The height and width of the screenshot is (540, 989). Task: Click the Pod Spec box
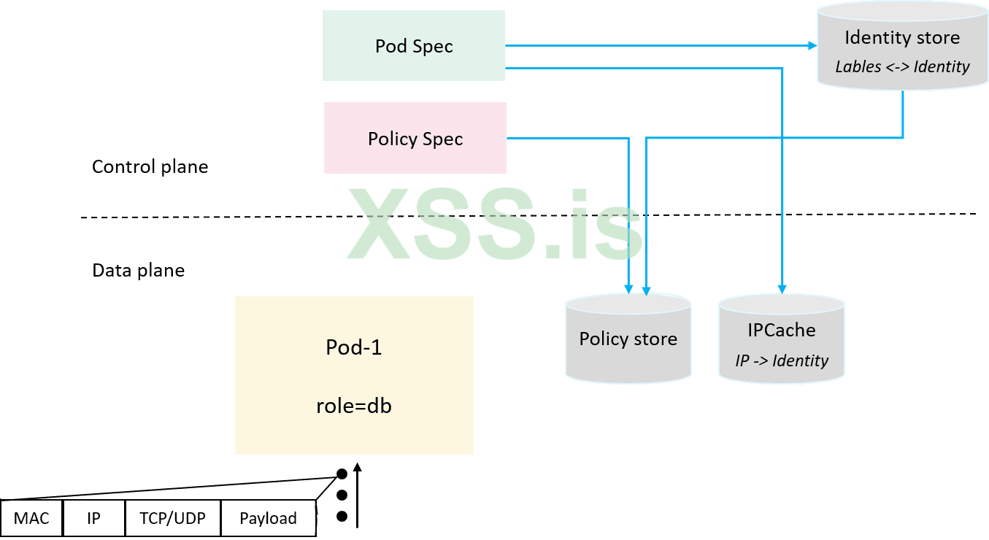tap(414, 46)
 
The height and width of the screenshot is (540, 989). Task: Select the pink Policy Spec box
tap(415, 139)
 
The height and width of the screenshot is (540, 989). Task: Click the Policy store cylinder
tap(628, 339)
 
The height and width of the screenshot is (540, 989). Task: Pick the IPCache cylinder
tap(781, 339)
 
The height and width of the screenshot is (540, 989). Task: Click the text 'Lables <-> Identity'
tap(902, 66)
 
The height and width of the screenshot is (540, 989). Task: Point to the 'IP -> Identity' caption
tap(782, 360)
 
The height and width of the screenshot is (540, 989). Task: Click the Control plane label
tap(150, 166)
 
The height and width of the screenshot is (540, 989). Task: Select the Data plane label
tap(138, 270)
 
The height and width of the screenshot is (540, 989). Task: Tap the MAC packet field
tap(31, 518)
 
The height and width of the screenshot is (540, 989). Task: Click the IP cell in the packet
tap(93, 518)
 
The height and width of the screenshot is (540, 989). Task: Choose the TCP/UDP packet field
tap(172, 518)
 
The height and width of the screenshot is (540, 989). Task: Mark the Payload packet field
tap(268, 518)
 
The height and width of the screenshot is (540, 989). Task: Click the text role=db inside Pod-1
tap(354, 406)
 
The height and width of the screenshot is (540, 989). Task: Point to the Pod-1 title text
tap(354, 347)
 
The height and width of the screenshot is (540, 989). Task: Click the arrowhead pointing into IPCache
tap(782, 289)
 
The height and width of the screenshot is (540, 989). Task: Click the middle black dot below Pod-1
tap(342, 495)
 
